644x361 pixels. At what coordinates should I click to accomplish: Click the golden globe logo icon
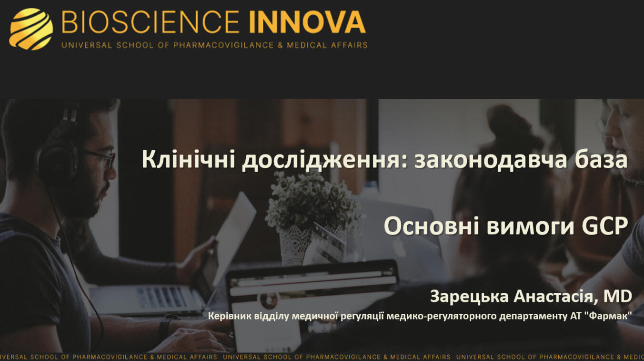click(x=31, y=29)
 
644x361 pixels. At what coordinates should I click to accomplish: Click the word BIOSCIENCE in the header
click(x=150, y=22)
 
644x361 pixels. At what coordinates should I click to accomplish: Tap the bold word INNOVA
click(x=307, y=22)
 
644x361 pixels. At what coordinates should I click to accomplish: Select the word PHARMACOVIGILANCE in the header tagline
click(x=223, y=45)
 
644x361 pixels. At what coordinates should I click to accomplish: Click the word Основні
click(x=432, y=226)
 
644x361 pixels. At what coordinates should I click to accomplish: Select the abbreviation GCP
click(x=605, y=226)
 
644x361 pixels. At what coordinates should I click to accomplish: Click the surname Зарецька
click(x=469, y=297)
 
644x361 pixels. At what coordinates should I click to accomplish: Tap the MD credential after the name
click(x=617, y=296)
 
